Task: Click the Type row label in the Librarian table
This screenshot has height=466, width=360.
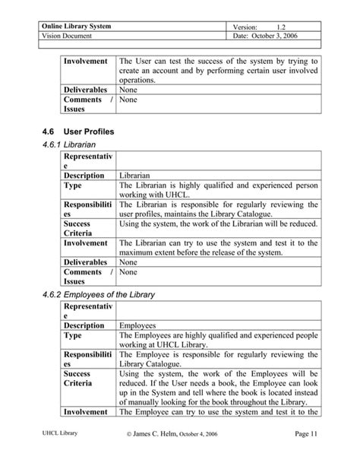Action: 73,185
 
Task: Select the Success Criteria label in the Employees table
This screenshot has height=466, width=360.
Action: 80,380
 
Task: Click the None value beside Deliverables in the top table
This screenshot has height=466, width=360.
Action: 128,90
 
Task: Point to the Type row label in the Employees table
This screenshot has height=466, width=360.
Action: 73,334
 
